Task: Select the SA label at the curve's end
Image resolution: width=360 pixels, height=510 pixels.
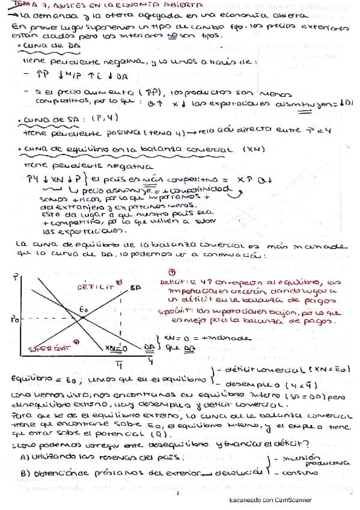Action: [136, 289]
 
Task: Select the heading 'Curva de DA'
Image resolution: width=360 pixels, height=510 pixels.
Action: [39, 46]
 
